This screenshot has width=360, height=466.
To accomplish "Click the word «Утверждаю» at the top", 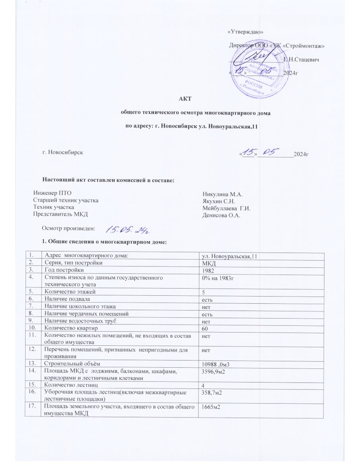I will (x=245, y=32).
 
